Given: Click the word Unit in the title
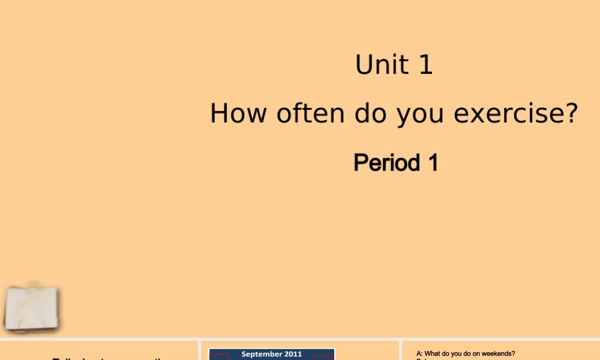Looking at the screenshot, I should (x=384, y=65).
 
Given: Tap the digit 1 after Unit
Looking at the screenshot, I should (x=425, y=65).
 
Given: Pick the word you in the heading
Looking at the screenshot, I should (x=420, y=114).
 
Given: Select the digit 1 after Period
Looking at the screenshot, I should (x=431, y=163).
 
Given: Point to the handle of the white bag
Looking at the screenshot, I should (x=34, y=284).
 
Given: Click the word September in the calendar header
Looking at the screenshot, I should (x=259, y=354).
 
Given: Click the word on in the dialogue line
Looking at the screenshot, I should (x=476, y=354).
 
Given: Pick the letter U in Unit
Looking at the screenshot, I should (x=362, y=65).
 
